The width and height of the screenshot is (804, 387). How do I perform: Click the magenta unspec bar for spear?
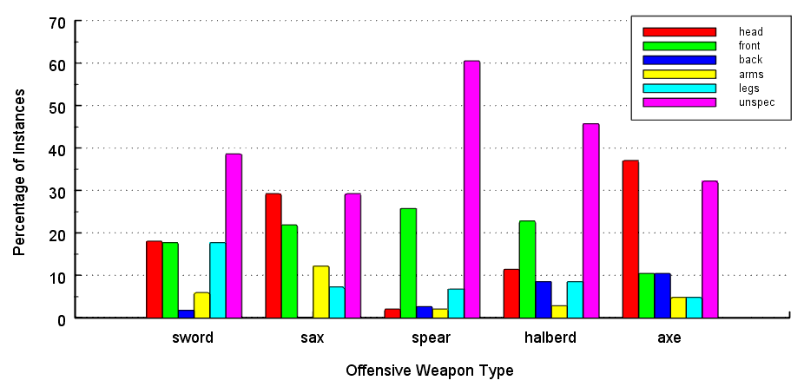[471, 189]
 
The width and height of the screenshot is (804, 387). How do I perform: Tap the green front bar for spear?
[408, 263]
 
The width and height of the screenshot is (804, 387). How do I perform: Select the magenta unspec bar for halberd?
[590, 220]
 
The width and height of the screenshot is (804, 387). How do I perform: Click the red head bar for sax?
[273, 256]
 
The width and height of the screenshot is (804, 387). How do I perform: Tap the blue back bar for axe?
[662, 296]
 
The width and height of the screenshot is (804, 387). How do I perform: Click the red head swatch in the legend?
[679, 32]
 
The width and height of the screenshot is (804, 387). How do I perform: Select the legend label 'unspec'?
[752, 102]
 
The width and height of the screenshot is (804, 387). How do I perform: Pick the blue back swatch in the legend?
[679, 60]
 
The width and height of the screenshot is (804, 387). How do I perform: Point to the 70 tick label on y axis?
[56, 22]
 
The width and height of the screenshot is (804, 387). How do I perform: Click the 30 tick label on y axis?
[56, 192]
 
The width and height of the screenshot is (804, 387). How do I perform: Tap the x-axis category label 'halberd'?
[550, 338]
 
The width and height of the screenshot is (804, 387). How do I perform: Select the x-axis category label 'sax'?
[312, 338]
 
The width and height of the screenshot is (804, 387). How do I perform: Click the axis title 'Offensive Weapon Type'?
[429, 371]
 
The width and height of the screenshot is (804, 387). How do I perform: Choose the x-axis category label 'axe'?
[669, 338]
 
